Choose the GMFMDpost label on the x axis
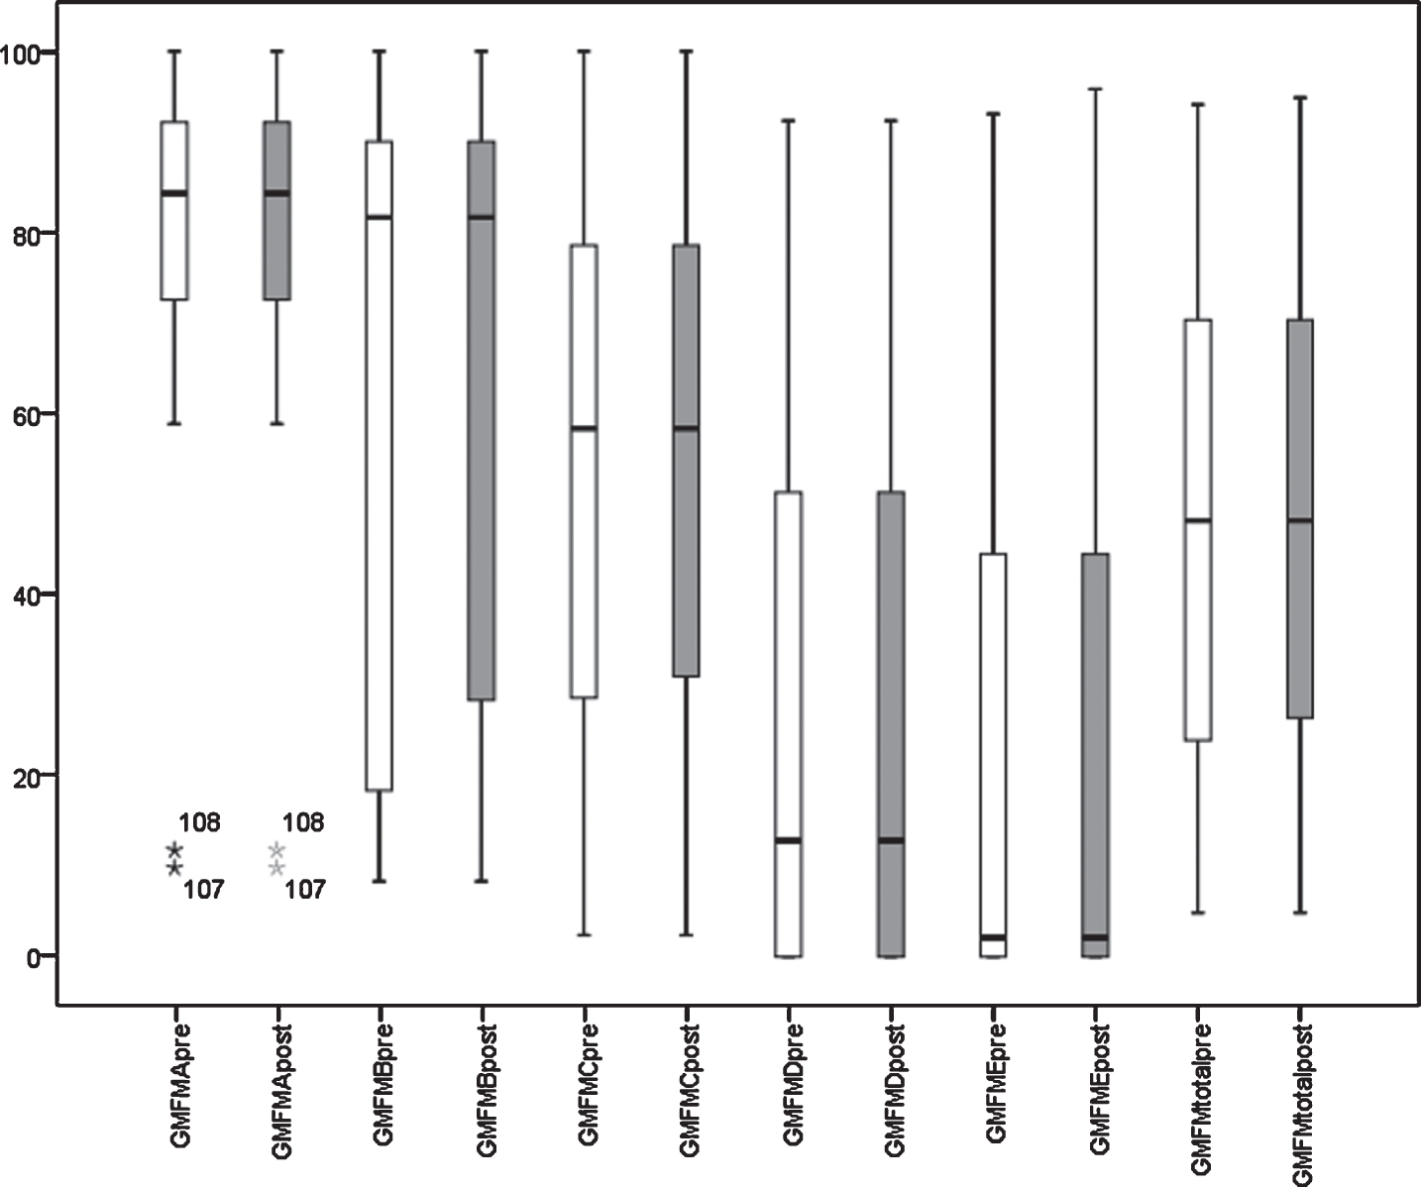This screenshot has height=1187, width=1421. (x=894, y=1095)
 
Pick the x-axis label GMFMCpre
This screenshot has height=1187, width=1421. (x=588, y=1088)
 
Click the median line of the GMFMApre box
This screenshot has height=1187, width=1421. (x=174, y=193)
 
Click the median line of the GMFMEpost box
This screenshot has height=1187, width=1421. (x=1095, y=938)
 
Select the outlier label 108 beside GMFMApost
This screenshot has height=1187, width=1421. (x=303, y=822)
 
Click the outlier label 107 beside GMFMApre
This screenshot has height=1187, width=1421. (x=203, y=890)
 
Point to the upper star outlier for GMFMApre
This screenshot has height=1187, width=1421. (x=174, y=850)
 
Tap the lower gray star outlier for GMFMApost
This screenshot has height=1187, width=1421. (x=276, y=868)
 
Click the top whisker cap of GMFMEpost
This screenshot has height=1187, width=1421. (x=1095, y=89)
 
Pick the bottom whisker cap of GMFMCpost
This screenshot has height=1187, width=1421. (x=687, y=935)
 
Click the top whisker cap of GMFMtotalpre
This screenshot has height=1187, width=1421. (x=1198, y=105)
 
